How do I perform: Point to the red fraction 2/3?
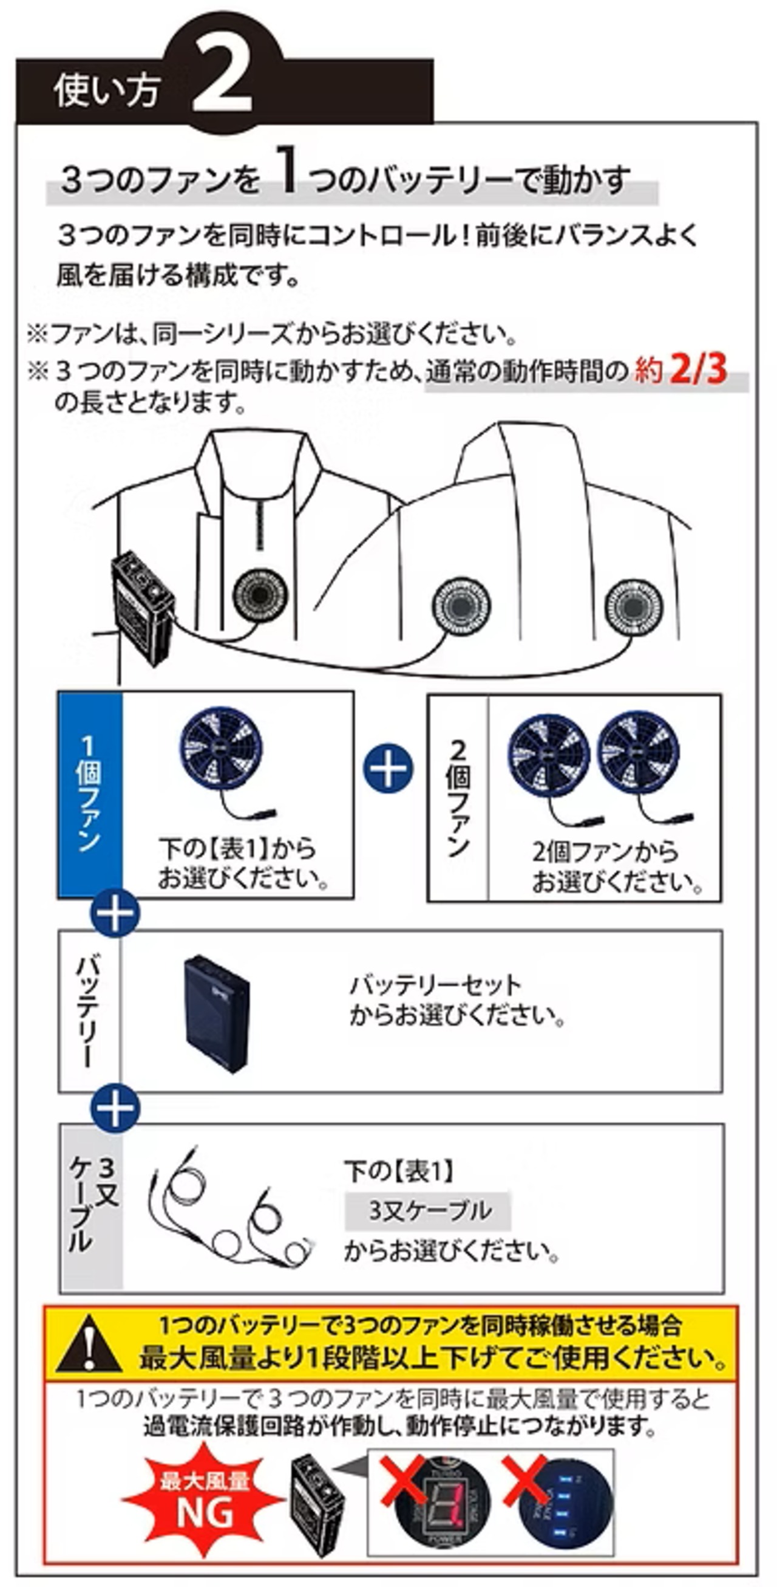click(x=698, y=370)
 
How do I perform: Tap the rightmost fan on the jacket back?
click(x=634, y=607)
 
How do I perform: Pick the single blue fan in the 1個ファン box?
click(x=220, y=749)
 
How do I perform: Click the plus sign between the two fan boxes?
click(x=388, y=767)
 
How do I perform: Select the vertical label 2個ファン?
click(x=458, y=798)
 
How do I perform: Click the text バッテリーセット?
click(x=435, y=985)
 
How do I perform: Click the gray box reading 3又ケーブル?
click(x=428, y=1210)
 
